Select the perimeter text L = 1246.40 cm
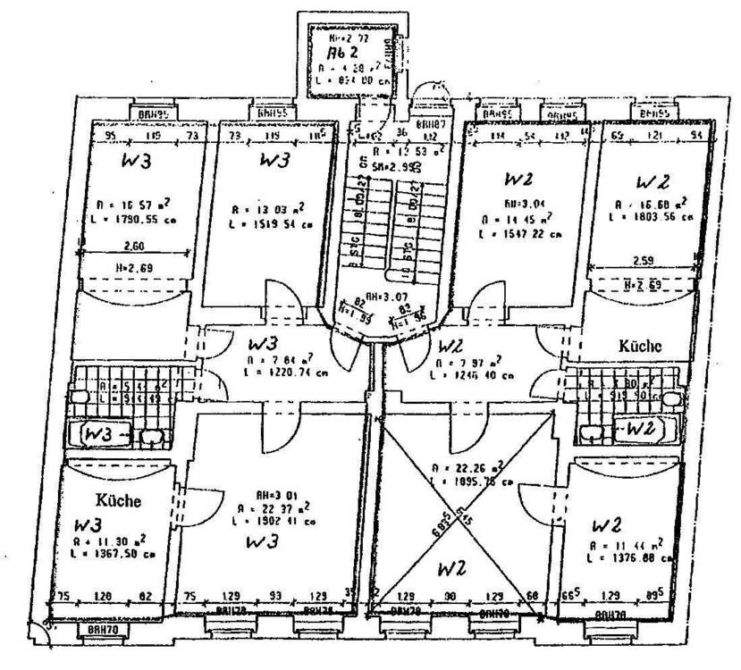point(473,375)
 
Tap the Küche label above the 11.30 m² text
point(118,500)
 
